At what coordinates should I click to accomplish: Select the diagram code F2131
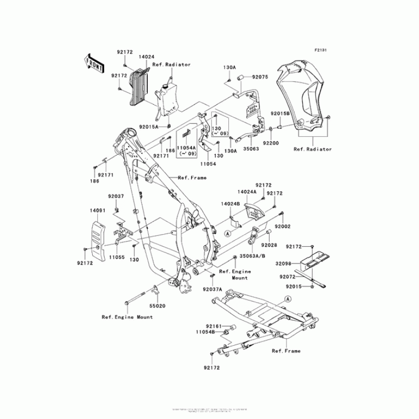tap(320, 50)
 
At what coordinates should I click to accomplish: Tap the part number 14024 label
tap(146, 55)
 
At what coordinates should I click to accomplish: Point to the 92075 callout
tap(260, 77)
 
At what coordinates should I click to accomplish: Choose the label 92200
tap(271, 142)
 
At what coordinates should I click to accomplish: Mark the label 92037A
tap(213, 289)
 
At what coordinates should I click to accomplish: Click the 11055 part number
tap(117, 258)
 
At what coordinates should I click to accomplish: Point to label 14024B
tap(230, 203)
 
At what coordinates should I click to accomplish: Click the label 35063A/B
tap(252, 257)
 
